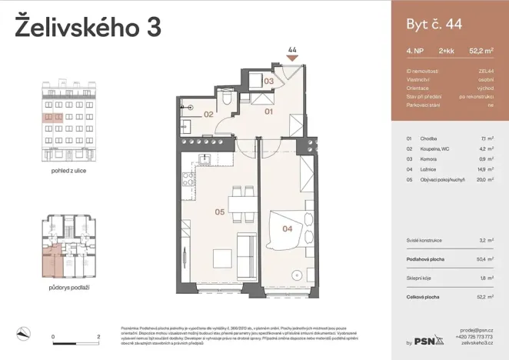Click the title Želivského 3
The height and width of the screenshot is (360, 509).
[88, 27]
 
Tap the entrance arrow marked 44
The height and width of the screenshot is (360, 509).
[292, 56]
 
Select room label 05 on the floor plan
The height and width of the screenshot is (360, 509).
[219, 212]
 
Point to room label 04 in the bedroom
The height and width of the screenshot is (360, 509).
[288, 228]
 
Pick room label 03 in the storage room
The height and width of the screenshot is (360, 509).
[269, 80]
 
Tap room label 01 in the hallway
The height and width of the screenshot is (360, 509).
[269, 112]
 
